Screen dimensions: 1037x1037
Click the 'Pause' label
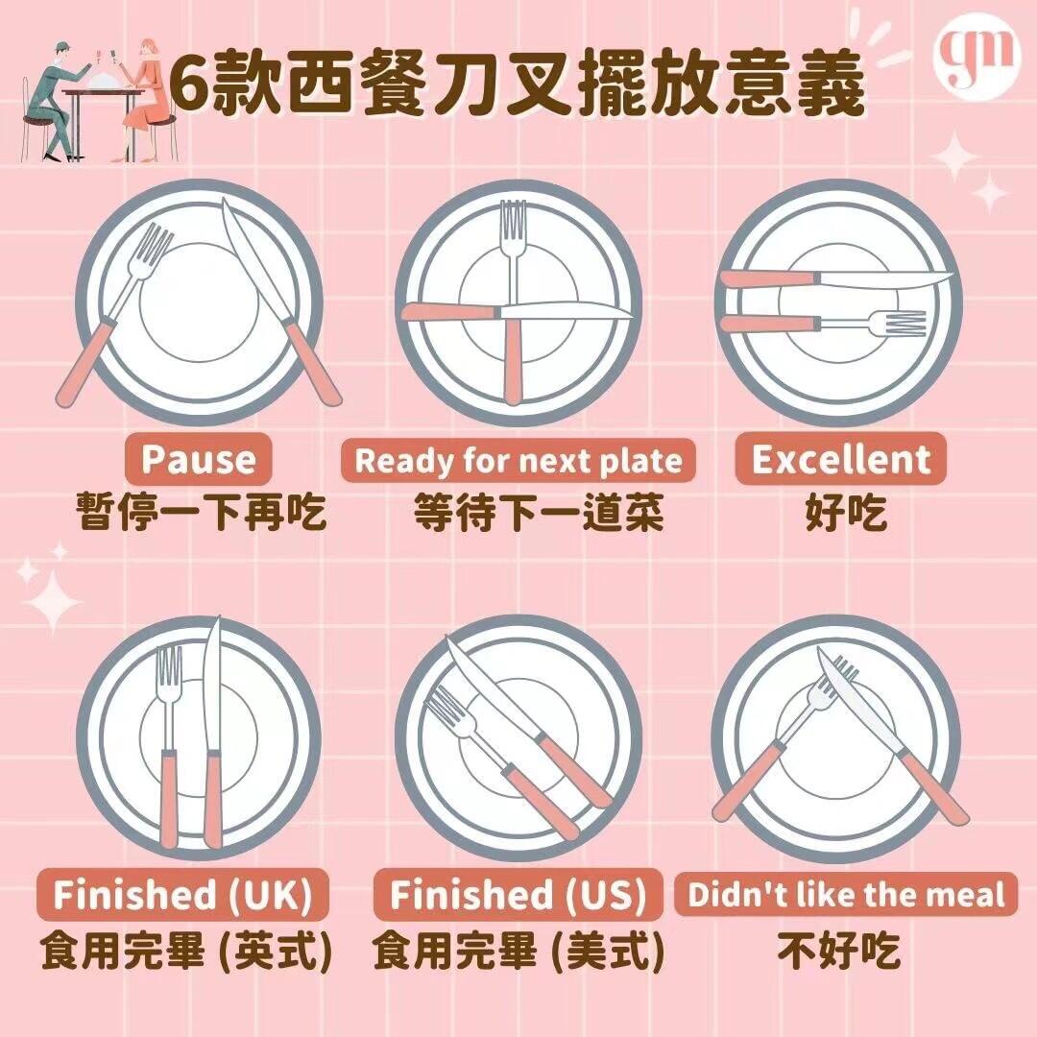(x=198, y=459)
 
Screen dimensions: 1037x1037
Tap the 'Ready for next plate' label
(x=518, y=460)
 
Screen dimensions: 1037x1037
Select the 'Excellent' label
(x=840, y=458)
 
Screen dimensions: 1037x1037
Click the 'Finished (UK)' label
(x=182, y=894)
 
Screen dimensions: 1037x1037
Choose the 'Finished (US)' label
(x=518, y=894)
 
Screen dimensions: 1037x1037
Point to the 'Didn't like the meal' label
(x=846, y=894)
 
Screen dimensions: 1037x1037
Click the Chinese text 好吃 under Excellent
(x=846, y=513)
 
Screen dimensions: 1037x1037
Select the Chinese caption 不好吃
(x=838, y=951)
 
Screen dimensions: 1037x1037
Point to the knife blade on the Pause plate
(x=253, y=259)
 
